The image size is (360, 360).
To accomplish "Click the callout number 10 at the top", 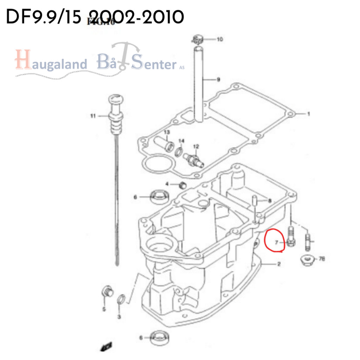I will point(219,39).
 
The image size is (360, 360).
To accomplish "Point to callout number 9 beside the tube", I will point(218,80).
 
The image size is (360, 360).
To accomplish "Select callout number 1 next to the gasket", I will point(308,114).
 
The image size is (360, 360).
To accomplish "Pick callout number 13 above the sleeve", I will point(167,132).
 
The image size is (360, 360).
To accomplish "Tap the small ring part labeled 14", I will point(179,152).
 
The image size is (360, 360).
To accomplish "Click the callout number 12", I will point(196,146).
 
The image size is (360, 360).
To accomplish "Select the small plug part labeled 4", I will point(182,185).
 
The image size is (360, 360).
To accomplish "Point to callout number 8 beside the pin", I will point(270,201).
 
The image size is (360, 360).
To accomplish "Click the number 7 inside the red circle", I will point(276,242).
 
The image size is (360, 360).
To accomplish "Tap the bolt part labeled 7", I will point(291,237).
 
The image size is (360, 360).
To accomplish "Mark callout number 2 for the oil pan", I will point(279,264).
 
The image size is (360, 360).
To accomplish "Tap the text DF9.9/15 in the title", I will point(45,17).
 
